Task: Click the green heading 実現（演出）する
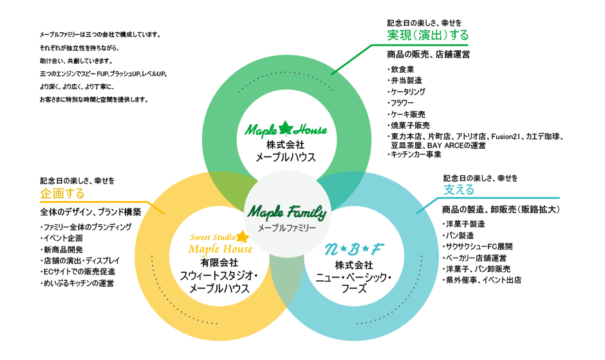point(427,35)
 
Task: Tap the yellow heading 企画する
point(62,193)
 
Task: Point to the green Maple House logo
point(286,129)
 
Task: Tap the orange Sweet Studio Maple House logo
point(219,243)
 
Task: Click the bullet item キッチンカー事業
point(415,155)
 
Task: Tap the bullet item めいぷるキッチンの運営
point(78,283)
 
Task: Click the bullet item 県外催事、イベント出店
point(483,280)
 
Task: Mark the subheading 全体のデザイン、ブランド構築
point(91,211)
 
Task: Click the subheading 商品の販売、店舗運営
point(428,54)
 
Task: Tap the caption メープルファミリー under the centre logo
point(287,228)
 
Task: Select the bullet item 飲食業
point(402,70)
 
